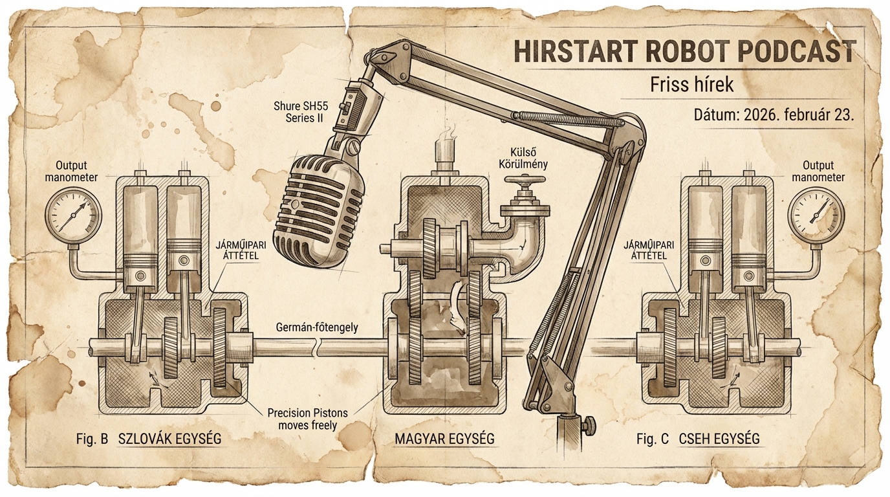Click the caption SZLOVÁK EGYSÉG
pyautogui.click(x=169, y=439)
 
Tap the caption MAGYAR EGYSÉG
pyautogui.click(x=444, y=439)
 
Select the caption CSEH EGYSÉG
pyautogui.click(x=719, y=439)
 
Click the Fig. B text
pyautogui.click(x=92, y=439)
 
